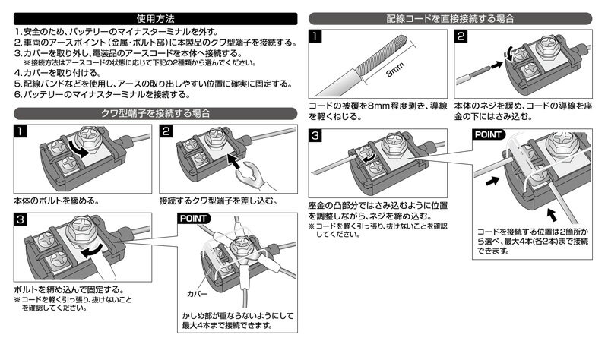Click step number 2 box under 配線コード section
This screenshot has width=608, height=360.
(462, 36)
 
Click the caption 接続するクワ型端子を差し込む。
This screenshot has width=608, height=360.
(217, 201)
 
